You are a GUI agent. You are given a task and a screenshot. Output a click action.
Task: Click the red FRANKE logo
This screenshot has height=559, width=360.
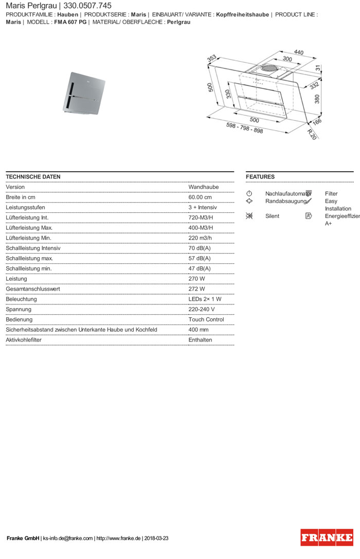[x=327, y=537]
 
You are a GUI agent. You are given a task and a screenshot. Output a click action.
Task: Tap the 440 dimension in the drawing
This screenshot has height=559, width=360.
[x=298, y=52]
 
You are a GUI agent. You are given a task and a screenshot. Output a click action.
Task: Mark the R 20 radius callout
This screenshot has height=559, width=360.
[x=313, y=133]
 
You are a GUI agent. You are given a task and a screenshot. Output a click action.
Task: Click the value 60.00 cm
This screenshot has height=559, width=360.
[x=200, y=197]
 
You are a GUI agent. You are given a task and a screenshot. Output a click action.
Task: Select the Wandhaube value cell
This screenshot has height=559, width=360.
[x=203, y=187]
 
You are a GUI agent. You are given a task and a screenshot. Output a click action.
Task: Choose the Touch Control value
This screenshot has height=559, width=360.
[x=206, y=319]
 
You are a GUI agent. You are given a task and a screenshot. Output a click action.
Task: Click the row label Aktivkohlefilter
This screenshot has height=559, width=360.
[x=24, y=340]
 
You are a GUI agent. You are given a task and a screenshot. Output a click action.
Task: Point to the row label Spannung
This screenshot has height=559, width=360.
[x=19, y=309]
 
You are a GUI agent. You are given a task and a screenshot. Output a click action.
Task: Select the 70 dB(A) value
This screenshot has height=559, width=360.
[x=200, y=248]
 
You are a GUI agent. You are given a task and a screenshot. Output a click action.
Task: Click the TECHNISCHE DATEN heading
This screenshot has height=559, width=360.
[x=33, y=177]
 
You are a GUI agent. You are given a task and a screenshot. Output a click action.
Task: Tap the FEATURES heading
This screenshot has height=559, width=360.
[x=260, y=177]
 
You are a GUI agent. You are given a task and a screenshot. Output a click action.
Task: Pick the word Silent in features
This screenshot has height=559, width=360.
[x=272, y=216]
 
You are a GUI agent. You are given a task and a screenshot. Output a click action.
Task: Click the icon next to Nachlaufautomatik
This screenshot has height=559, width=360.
[x=249, y=193]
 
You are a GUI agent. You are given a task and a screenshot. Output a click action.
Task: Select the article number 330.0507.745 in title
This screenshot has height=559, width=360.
[x=87, y=5]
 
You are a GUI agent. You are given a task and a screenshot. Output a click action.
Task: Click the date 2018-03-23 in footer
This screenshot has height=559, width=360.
[x=157, y=538]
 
